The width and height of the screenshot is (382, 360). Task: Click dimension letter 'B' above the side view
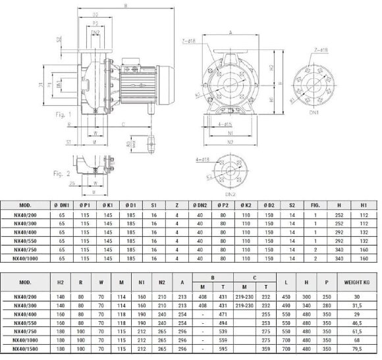click(x=124, y=6)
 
